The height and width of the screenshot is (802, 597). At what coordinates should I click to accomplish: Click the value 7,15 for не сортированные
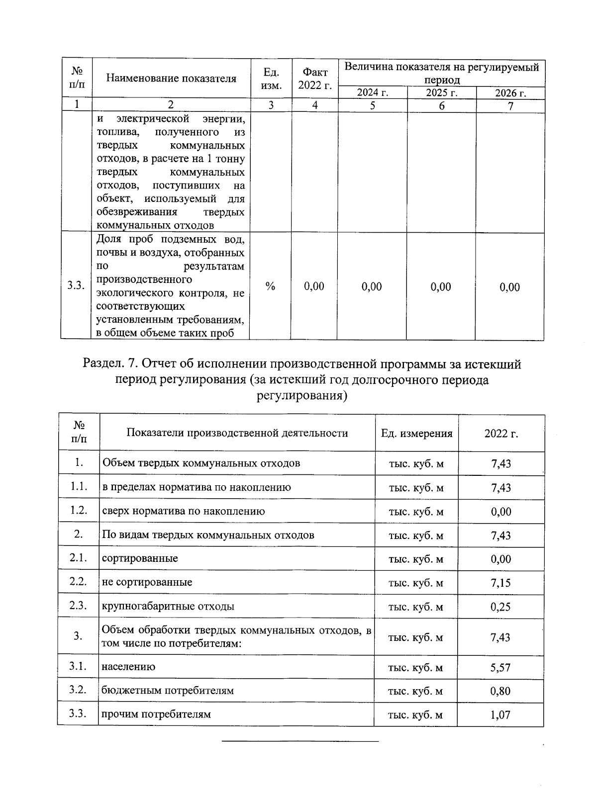[500, 583]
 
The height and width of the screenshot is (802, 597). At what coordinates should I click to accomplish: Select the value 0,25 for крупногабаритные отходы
[500, 607]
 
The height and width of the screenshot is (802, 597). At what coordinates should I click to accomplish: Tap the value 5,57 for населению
[500, 668]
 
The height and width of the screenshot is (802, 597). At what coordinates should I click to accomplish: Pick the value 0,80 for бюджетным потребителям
[500, 691]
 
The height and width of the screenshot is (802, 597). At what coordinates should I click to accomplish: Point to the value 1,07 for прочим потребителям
[500, 715]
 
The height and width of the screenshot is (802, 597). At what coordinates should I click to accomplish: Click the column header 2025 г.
[441, 93]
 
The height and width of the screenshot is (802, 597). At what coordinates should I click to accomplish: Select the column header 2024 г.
[373, 93]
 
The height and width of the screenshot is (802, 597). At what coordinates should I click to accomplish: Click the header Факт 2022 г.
[314, 79]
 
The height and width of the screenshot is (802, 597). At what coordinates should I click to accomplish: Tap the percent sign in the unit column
[270, 286]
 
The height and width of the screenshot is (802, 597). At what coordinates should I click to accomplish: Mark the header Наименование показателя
[171, 78]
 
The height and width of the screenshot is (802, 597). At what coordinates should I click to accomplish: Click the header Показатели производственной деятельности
[237, 433]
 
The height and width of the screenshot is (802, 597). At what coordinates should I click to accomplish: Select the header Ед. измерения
[416, 434]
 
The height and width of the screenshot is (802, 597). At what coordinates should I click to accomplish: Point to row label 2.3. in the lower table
[79, 605]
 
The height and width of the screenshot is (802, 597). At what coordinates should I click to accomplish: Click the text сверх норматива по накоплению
[183, 511]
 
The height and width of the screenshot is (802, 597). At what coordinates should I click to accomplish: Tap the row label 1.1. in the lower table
[79, 486]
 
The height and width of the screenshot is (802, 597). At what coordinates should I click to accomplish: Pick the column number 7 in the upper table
[510, 105]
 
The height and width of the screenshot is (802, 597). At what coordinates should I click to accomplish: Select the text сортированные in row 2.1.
[140, 558]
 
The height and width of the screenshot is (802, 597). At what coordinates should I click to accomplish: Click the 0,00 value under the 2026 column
[509, 287]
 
